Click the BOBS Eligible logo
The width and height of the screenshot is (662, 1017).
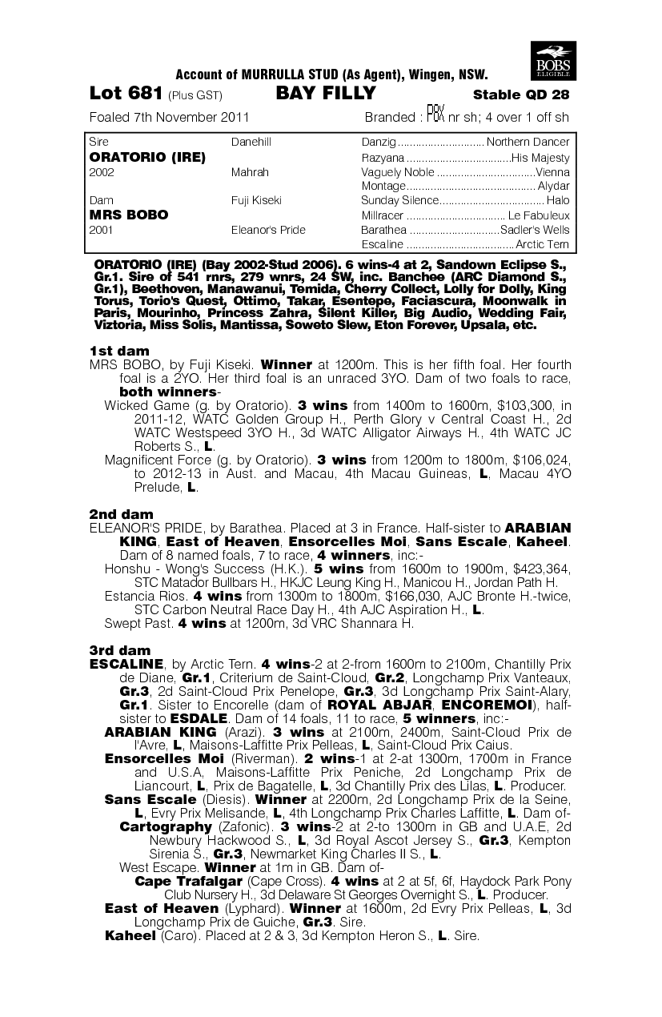coord(553,61)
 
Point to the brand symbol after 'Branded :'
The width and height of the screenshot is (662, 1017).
coord(435,114)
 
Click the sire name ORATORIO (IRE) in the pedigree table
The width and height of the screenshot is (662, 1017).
coord(148,158)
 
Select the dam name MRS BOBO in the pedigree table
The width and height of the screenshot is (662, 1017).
coord(129,215)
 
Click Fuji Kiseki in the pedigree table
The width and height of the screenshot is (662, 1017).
coord(255,200)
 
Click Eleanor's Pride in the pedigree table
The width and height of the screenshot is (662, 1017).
coord(268,230)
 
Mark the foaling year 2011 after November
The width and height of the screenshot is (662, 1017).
coord(233,117)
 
